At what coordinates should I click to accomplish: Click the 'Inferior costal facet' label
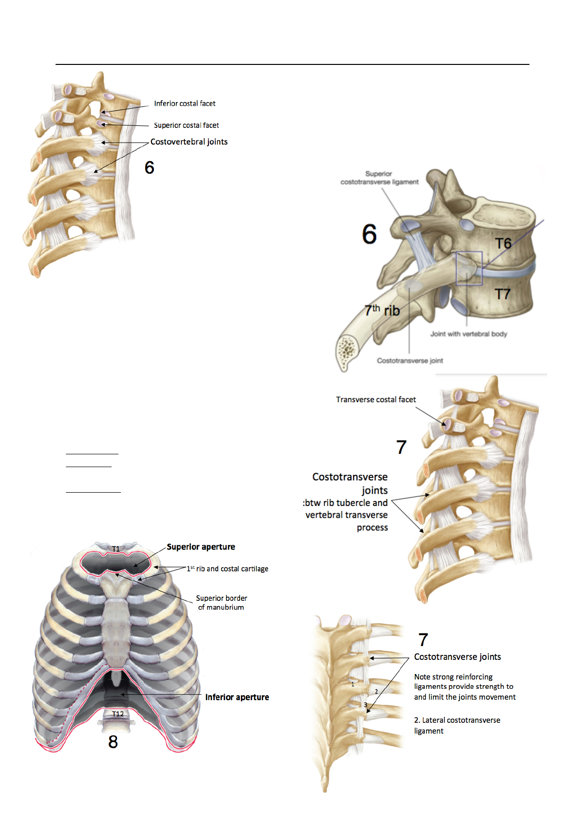(x=184, y=103)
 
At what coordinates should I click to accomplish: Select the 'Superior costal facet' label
(x=186, y=125)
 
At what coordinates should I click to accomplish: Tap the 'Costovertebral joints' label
(x=189, y=142)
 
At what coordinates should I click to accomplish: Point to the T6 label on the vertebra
(x=503, y=243)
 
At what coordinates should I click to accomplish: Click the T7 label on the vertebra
(x=502, y=294)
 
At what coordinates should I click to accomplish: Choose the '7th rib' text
(x=382, y=310)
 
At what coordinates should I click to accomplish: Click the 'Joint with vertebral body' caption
(x=468, y=334)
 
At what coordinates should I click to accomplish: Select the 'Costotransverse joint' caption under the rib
(x=409, y=360)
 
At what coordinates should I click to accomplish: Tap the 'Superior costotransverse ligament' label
(x=379, y=177)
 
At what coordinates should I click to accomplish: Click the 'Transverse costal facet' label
(x=376, y=399)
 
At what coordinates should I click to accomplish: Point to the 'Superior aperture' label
(x=201, y=547)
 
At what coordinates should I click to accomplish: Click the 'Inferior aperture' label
(x=237, y=697)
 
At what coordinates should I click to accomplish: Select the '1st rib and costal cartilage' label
(x=228, y=569)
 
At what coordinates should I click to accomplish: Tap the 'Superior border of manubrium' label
(x=221, y=602)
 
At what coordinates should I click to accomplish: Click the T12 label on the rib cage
(x=118, y=714)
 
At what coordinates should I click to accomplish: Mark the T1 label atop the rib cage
(x=116, y=549)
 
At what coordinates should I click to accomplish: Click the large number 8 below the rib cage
(x=113, y=741)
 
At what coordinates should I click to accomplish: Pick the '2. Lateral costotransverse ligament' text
(x=457, y=725)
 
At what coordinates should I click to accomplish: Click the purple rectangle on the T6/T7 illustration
(x=469, y=268)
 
